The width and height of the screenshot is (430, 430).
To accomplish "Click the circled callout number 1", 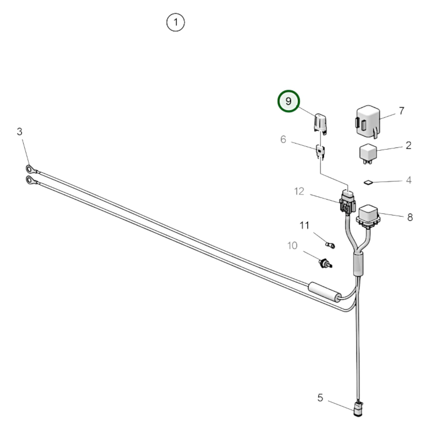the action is [x=176, y=22].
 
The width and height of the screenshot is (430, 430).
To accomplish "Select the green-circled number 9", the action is [x=288, y=101].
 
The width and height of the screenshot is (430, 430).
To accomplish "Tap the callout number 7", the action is [x=401, y=111].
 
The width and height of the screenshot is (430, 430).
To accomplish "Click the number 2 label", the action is [x=408, y=145].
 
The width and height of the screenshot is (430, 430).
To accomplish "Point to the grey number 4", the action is [x=409, y=180].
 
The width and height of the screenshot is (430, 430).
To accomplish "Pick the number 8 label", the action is [x=410, y=217].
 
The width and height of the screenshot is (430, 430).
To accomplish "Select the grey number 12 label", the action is [x=299, y=191].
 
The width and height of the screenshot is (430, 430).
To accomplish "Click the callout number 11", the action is [x=304, y=225].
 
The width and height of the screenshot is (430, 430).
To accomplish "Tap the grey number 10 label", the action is [x=292, y=246].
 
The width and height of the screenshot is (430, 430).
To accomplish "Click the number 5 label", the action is [x=320, y=398].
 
